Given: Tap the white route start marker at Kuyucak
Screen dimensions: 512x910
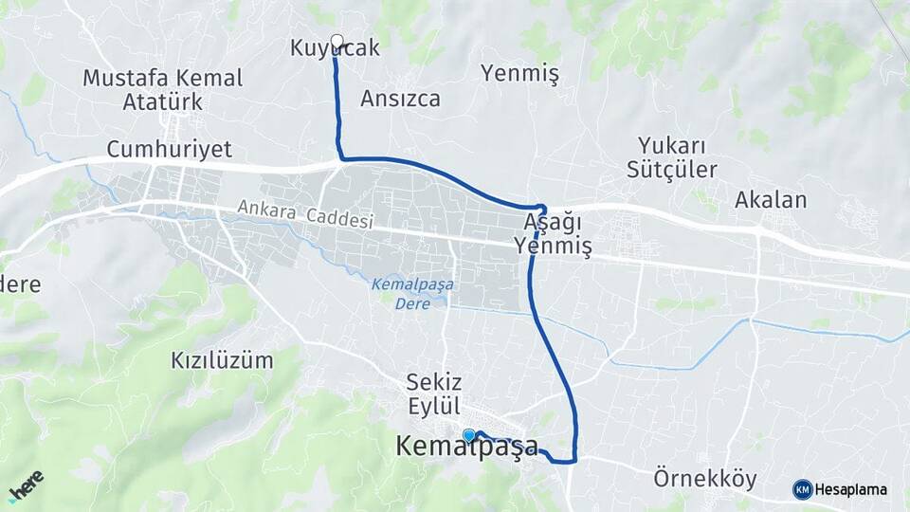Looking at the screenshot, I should [x=337, y=41].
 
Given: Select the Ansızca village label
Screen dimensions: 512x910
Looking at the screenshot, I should [x=400, y=98].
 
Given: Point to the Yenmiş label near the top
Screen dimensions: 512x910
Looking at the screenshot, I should [x=519, y=73].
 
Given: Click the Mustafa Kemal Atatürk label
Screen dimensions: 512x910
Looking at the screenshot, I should [x=162, y=89].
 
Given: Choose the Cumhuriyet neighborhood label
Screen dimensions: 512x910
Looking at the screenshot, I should [x=169, y=149].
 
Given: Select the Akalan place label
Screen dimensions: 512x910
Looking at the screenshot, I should [x=771, y=200].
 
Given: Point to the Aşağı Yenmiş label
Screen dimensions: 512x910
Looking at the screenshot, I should [x=553, y=234].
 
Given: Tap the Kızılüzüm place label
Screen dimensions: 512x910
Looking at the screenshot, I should [x=222, y=360].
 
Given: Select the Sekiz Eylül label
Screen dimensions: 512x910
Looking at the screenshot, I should [x=433, y=393].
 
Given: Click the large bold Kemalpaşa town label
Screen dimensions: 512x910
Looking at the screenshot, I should [x=466, y=448].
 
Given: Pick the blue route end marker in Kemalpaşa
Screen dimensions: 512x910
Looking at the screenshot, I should [x=469, y=435].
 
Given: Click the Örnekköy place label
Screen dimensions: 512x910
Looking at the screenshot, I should [x=705, y=479].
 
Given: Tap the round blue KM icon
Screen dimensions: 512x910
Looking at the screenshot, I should [x=802, y=489].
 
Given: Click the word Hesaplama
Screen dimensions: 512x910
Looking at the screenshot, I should [x=851, y=490].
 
